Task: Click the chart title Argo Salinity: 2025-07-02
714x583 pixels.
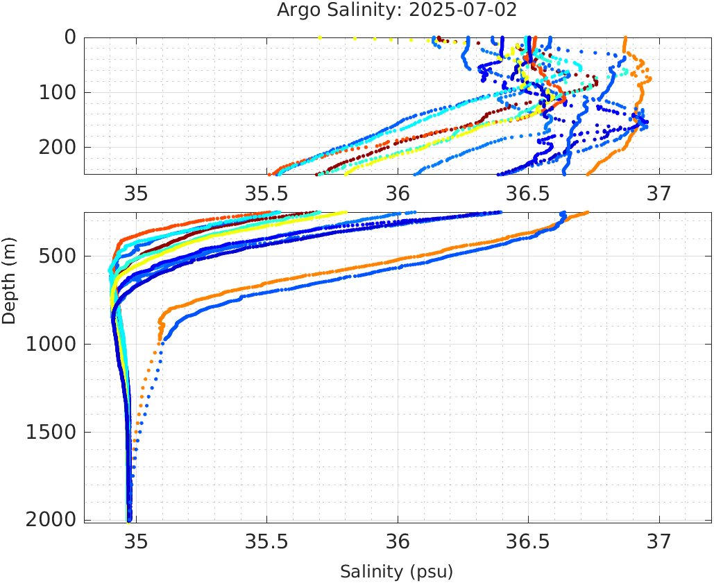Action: [397, 10]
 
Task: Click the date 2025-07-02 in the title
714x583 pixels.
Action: [468, 10]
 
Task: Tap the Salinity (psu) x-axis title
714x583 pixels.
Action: [396, 572]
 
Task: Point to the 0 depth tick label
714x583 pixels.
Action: [70, 37]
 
